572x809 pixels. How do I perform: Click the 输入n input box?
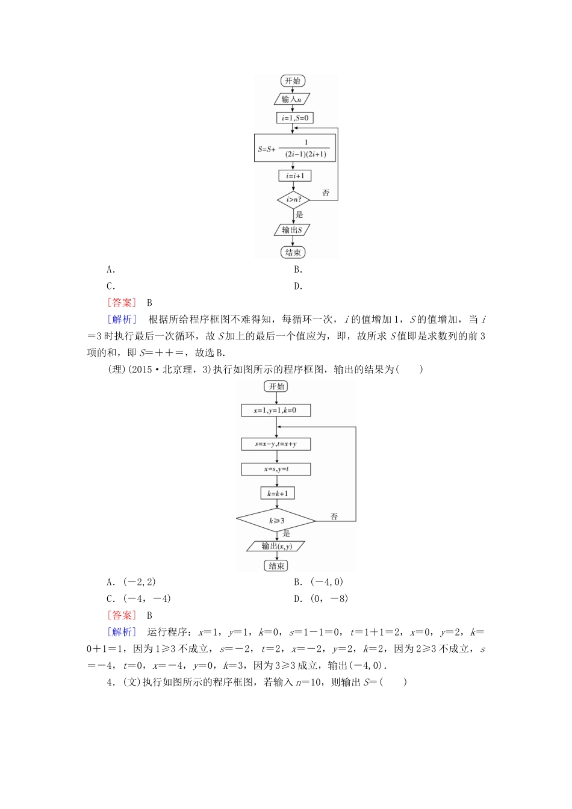[x=292, y=99]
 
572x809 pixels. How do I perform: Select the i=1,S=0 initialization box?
[x=294, y=118]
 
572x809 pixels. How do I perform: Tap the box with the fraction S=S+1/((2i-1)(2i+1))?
[x=294, y=148]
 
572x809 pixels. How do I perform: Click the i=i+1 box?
[x=294, y=176]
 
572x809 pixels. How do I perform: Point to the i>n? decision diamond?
[x=293, y=199]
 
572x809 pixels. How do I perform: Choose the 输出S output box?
[x=292, y=230]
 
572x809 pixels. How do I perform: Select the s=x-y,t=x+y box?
[x=276, y=444]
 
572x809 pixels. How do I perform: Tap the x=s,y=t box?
[x=276, y=469]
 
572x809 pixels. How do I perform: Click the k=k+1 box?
[x=278, y=493]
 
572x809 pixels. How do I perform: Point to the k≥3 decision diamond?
[x=276, y=520]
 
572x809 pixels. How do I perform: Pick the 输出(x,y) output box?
[x=276, y=546]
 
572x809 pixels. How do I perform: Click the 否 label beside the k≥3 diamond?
[x=334, y=516]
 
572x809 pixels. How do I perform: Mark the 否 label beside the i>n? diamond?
[x=326, y=193]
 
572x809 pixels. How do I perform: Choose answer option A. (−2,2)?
[x=131, y=581]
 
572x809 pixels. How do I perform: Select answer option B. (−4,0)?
[x=319, y=581]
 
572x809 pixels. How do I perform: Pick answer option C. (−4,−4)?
[x=138, y=598]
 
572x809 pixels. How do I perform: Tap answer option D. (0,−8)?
[x=321, y=598]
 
